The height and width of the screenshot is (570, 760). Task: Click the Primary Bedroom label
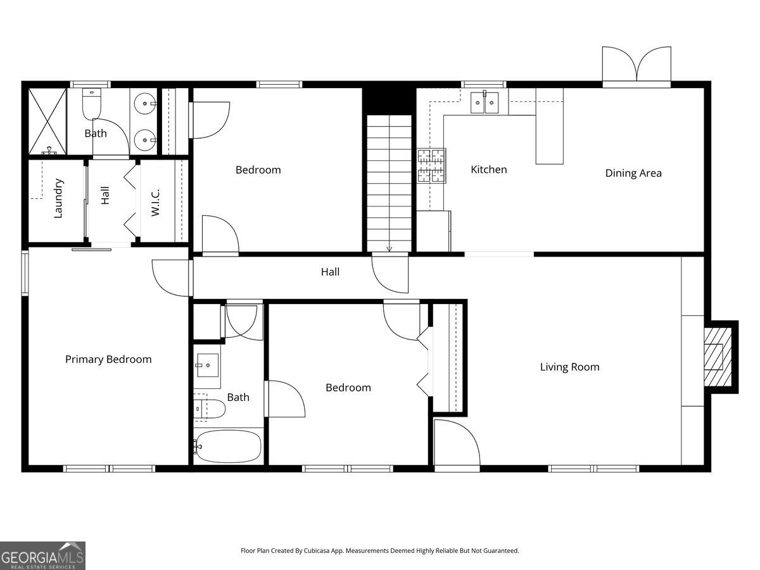(x=108, y=360)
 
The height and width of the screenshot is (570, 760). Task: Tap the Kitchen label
(x=488, y=170)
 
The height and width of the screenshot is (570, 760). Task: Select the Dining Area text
(x=633, y=173)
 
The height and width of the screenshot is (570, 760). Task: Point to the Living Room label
(x=569, y=367)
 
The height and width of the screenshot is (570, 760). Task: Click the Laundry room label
(x=58, y=198)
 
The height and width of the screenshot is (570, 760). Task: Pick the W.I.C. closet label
(x=156, y=202)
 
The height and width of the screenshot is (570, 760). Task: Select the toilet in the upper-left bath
(x=92, y=104)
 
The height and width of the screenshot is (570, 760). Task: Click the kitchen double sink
(x=484, y=103)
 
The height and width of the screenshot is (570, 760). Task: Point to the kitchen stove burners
(x=431, y=166)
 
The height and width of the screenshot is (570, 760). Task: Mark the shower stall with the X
(x=47, y=121)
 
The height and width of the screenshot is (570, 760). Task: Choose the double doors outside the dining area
(x=636, y=65)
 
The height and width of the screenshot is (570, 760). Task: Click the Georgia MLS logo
(x=42, y=555)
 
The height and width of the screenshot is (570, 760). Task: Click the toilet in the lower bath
(x=210, y=409)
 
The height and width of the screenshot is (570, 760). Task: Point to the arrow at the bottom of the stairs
(x=389, y=248)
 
